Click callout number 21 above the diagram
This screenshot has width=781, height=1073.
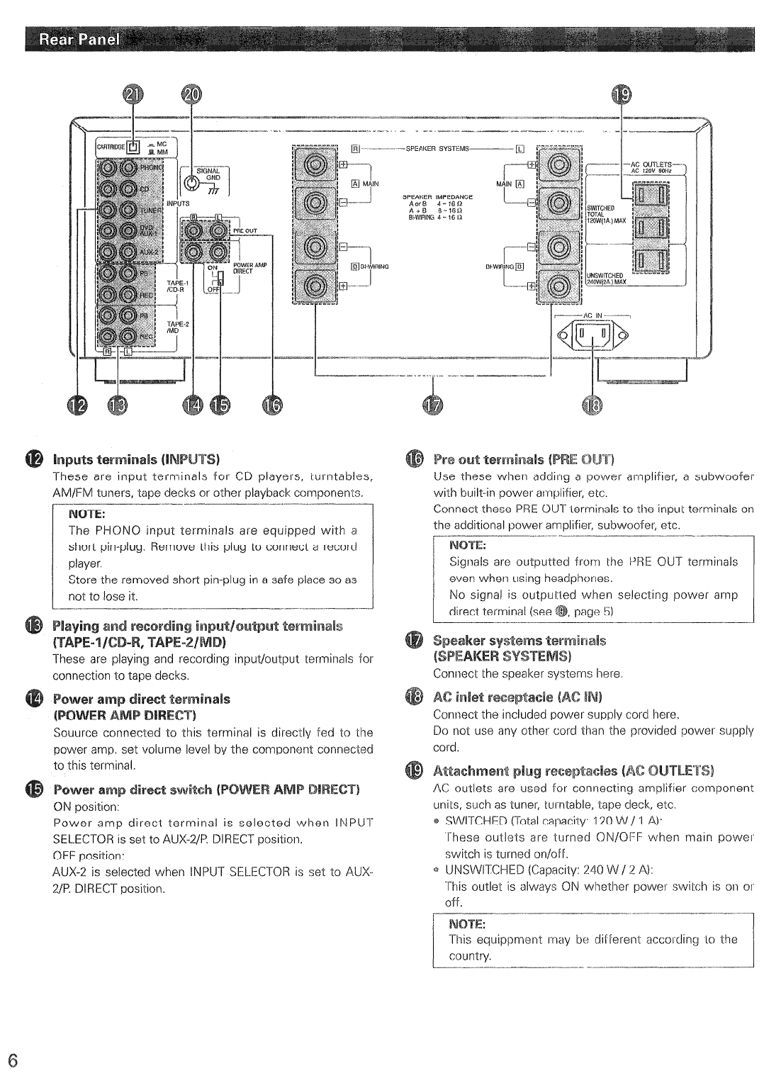point(133,96)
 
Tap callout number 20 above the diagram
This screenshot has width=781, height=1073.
point(191,96)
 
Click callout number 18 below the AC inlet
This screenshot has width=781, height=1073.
point(591,405)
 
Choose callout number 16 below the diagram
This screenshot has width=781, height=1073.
point(271,405)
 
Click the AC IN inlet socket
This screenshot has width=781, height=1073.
point(592,332)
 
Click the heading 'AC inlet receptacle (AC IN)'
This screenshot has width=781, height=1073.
point(517,697)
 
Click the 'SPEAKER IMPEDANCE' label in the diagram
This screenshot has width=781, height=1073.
point(437,196)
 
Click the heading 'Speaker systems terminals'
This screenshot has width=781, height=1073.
point(519,641)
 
